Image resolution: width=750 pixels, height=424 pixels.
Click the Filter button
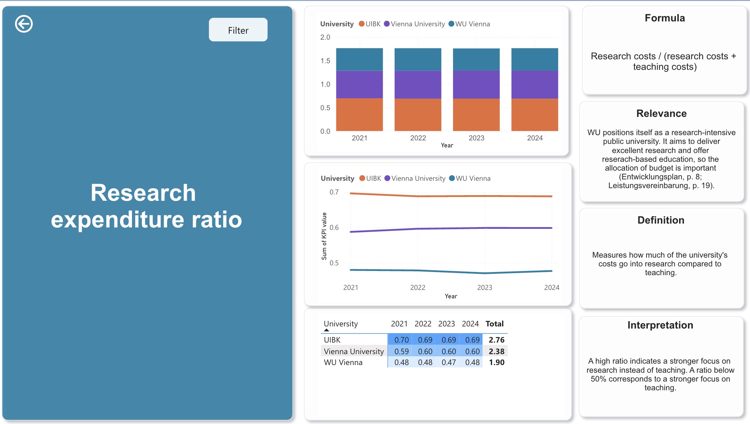238,30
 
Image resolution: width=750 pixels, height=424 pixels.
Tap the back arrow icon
24,24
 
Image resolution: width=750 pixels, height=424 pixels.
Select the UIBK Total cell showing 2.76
496,340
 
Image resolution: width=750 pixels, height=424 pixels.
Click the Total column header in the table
494,324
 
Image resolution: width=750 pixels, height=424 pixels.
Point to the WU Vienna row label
343,362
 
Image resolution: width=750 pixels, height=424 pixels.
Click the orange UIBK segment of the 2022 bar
418,115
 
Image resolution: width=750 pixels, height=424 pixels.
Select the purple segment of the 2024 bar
535,85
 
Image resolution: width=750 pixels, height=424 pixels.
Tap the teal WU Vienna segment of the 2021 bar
360,59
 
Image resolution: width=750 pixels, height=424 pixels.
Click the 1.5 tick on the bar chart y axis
325,61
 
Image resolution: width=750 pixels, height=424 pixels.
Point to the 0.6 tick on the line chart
334,227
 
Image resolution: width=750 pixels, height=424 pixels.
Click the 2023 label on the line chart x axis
485,287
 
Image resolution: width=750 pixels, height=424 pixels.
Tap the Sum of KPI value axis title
324,236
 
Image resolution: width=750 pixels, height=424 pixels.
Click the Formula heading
665,18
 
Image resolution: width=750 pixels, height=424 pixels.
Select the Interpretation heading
660,325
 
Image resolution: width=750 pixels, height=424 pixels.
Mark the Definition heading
661,220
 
